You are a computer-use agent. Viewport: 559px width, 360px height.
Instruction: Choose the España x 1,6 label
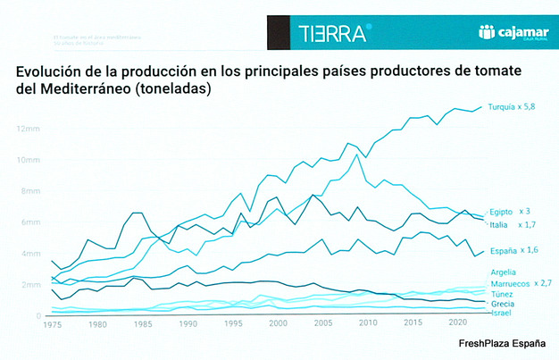pos(513,251)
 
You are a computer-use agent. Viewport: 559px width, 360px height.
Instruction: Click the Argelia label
pos(503,272)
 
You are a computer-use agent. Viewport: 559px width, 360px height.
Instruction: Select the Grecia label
pos(503,304)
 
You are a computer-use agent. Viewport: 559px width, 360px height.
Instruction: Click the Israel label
pos(501,314)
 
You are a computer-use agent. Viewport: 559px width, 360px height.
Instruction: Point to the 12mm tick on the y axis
pos(27,129)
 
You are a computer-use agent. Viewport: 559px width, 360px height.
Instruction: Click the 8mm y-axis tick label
pos(28,191)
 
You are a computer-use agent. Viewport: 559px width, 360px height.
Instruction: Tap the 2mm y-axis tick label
pos(28,285)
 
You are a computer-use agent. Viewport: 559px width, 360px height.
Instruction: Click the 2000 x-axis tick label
pos(279,323)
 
